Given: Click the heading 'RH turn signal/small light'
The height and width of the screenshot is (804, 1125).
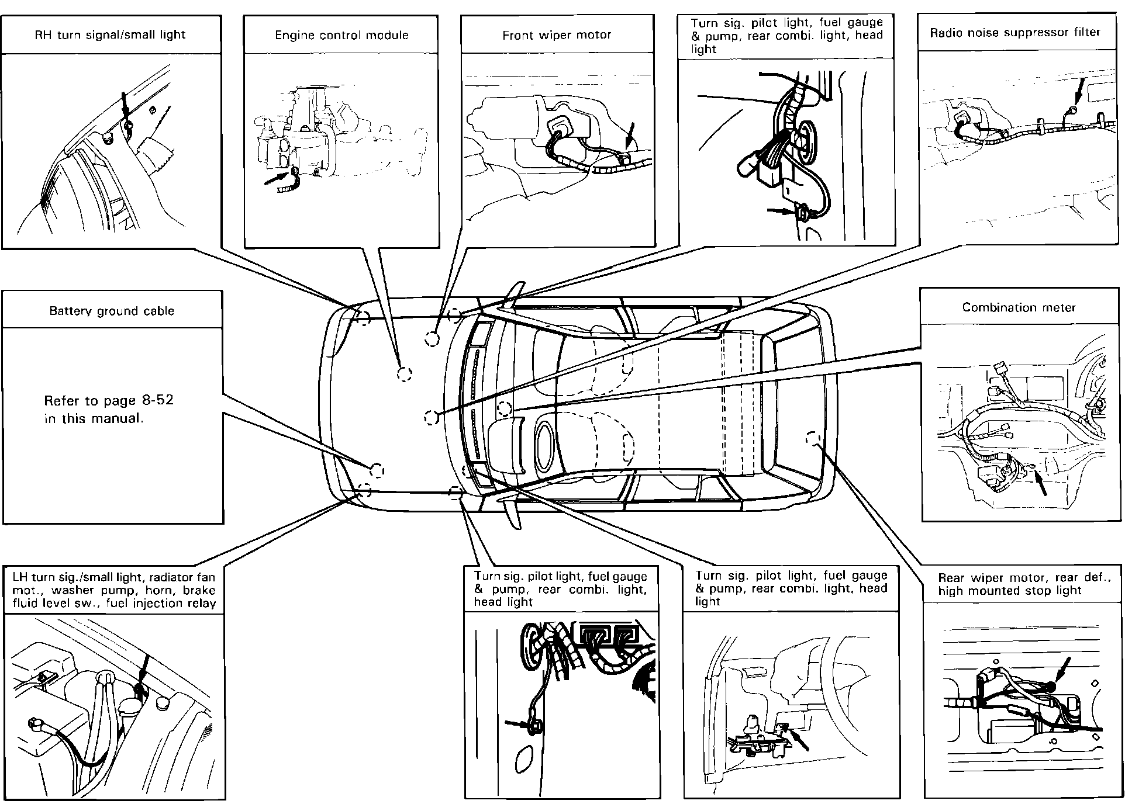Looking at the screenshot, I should click(111, 35).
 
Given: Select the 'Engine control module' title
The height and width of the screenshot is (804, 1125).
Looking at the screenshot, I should click(341, 35).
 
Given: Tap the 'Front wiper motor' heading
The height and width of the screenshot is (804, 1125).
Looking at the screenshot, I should click(557, 36).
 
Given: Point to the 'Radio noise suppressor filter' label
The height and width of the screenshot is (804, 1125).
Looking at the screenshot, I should click(1015, 32).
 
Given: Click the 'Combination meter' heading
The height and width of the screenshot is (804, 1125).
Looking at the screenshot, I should click(1019, 307).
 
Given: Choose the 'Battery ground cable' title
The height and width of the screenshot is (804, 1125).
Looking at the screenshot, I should click(112, 311).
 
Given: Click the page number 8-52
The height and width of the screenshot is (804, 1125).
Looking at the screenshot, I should click(157, 401).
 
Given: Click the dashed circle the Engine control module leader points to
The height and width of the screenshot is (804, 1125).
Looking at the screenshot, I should click(404, 374).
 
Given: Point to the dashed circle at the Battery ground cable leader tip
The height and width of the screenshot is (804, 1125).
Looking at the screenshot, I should click(377, 470).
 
